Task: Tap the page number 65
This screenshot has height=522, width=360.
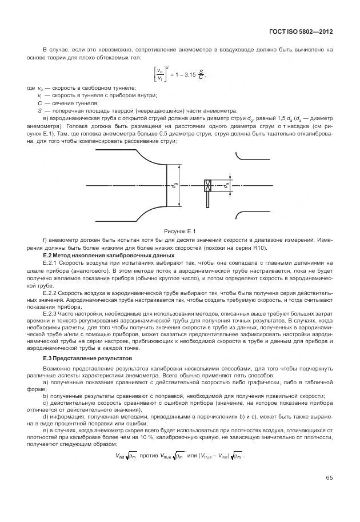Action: click(x=329, y=478)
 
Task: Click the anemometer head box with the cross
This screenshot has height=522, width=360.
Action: click(x=208, y=185)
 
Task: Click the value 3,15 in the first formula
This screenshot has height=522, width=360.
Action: click(x=189, y=74)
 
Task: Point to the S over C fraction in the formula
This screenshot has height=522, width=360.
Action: click(x=201, y=74)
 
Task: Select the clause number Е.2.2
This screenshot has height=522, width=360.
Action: click(x=52, y=292)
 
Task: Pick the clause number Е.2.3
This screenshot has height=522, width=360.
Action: click(x=52, y=314)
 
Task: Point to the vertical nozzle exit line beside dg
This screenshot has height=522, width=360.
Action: click(x=165, y=185)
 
